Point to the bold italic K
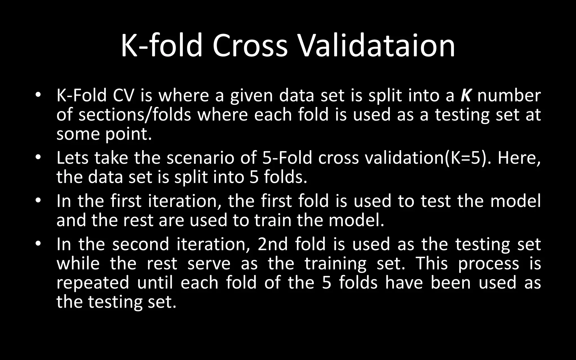point(466,95)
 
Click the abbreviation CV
point(123,95)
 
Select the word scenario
point(200,158)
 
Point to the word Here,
point(519,158)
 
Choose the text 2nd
point(273,244)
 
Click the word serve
point(209,263)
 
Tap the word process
point(489,264)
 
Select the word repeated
point(93,282)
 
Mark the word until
point(155,282)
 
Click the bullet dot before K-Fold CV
point(38,94)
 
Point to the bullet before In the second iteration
point(38,243)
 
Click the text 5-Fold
point(287,158)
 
